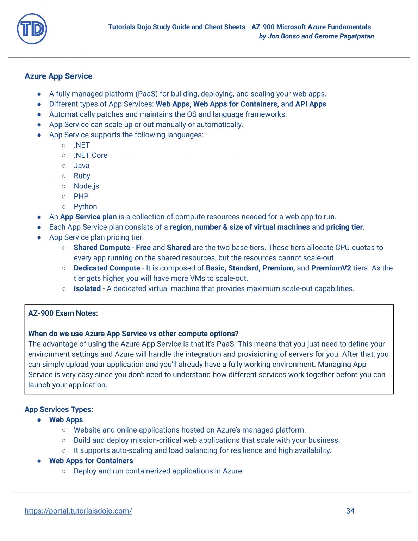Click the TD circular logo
32,29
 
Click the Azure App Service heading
58,76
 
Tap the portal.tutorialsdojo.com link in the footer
78,511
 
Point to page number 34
350,511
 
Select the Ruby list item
82,176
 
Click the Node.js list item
86,186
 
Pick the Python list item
85,206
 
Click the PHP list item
81,196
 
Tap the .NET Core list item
91,155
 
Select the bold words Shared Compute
102,248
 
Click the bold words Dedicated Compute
107,268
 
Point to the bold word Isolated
87,288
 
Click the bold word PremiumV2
331,268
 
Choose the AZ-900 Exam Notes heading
63,313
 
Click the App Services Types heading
59,409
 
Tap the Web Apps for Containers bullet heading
91,461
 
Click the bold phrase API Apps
311,104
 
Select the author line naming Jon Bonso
316,36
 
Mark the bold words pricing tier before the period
344,227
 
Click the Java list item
81,166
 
